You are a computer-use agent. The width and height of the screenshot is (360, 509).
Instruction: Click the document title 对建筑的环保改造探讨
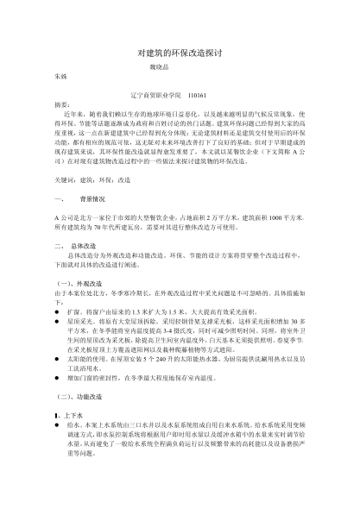point(179,53)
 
